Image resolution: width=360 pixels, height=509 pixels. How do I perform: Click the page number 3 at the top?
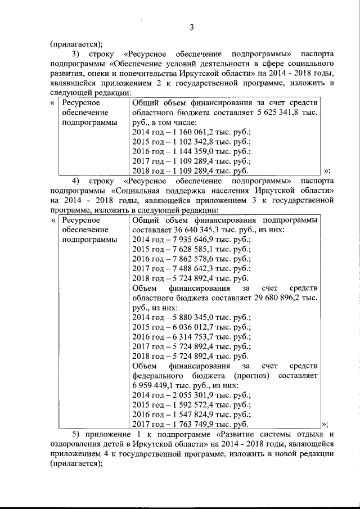[x=191, y=28]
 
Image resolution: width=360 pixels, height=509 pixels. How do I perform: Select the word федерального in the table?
[x=159, y=376]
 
